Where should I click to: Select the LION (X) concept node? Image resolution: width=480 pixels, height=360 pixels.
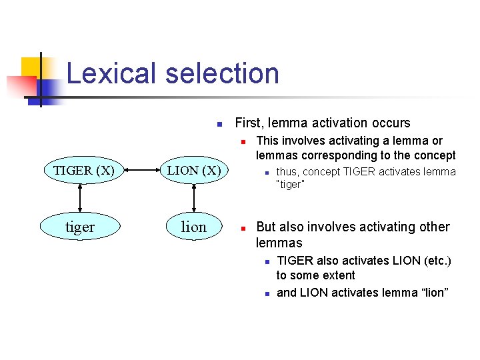coord(193,170)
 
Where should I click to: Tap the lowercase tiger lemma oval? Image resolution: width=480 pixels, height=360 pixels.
coord(80,227)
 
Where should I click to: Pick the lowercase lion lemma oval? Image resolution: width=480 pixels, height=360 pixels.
coord(193,227)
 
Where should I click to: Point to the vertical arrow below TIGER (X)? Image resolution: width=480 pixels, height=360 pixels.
coord(80,199)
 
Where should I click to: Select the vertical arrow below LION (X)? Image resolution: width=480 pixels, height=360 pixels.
coord(193,199)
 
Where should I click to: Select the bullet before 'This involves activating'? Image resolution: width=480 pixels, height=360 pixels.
coord(244,141)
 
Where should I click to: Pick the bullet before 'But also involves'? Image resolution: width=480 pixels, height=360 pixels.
coord(244,227)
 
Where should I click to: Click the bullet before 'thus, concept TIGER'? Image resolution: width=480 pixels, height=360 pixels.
coord(265,173)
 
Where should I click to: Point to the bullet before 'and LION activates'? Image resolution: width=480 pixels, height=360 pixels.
coord(265,293)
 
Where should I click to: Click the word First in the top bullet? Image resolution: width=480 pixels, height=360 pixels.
coord(249,123)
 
